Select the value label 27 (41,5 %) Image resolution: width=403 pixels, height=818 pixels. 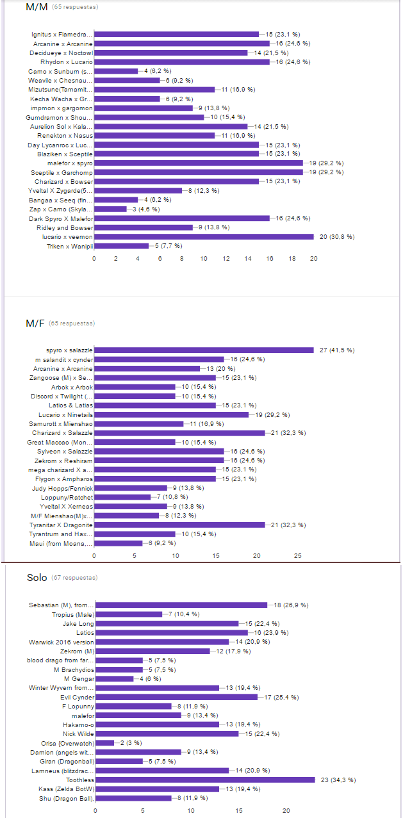[336, 350]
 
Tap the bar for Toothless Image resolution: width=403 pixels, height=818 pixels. [205, 780]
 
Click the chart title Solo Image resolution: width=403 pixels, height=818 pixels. [37, 578]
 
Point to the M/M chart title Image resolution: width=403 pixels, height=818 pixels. [37, 7]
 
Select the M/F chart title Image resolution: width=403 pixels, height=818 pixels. [36, 323]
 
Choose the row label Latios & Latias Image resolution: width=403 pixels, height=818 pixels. [70, 405]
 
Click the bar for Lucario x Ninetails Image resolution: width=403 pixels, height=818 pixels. [171, 414]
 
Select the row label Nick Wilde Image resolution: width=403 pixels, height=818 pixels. [78, 733]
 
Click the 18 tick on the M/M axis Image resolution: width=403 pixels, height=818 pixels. [292, 259]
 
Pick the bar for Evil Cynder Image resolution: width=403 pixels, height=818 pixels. [176, 697]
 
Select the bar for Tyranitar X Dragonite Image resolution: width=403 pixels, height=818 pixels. [179, 525]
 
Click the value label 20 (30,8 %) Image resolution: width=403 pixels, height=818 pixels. [337, 237]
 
